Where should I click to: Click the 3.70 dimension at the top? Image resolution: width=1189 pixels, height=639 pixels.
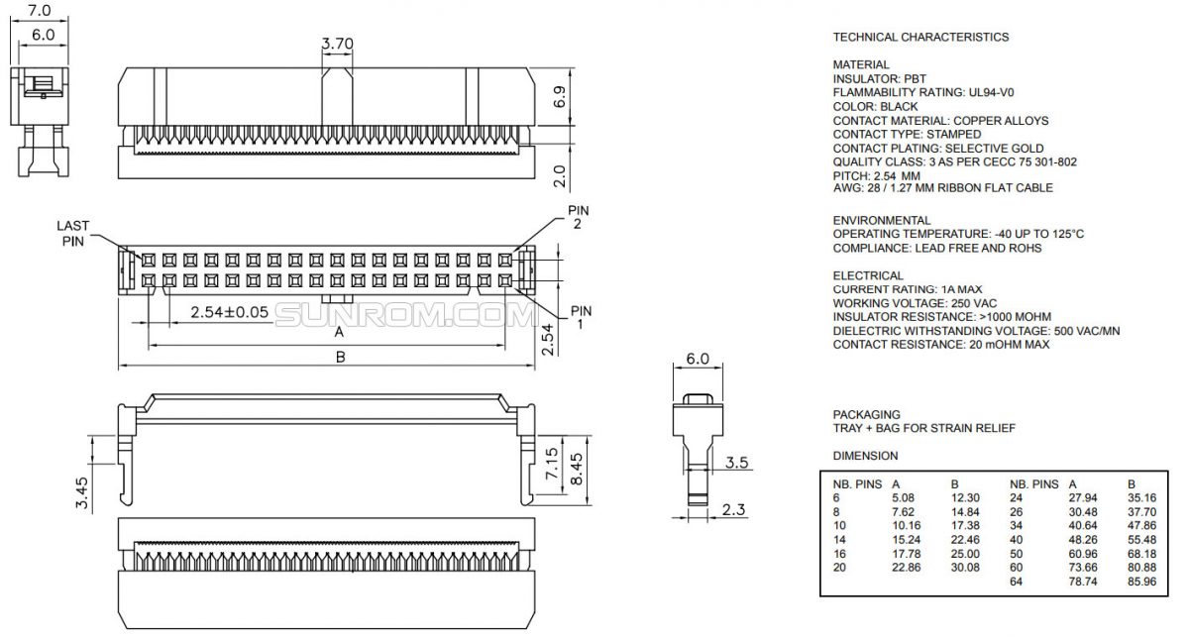338,44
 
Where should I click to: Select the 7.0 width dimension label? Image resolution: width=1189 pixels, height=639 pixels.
39,11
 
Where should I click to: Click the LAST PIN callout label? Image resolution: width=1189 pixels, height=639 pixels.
72,233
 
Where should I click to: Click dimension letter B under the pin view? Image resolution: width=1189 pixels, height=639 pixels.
340,358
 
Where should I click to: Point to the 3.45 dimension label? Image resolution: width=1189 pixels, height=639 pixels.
83,491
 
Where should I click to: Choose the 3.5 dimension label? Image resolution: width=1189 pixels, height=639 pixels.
736,463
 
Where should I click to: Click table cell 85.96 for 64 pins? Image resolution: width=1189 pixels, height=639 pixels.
1141,581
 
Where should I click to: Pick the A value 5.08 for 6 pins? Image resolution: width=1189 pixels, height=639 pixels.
902,498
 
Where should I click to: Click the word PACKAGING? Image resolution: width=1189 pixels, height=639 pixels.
866,414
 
